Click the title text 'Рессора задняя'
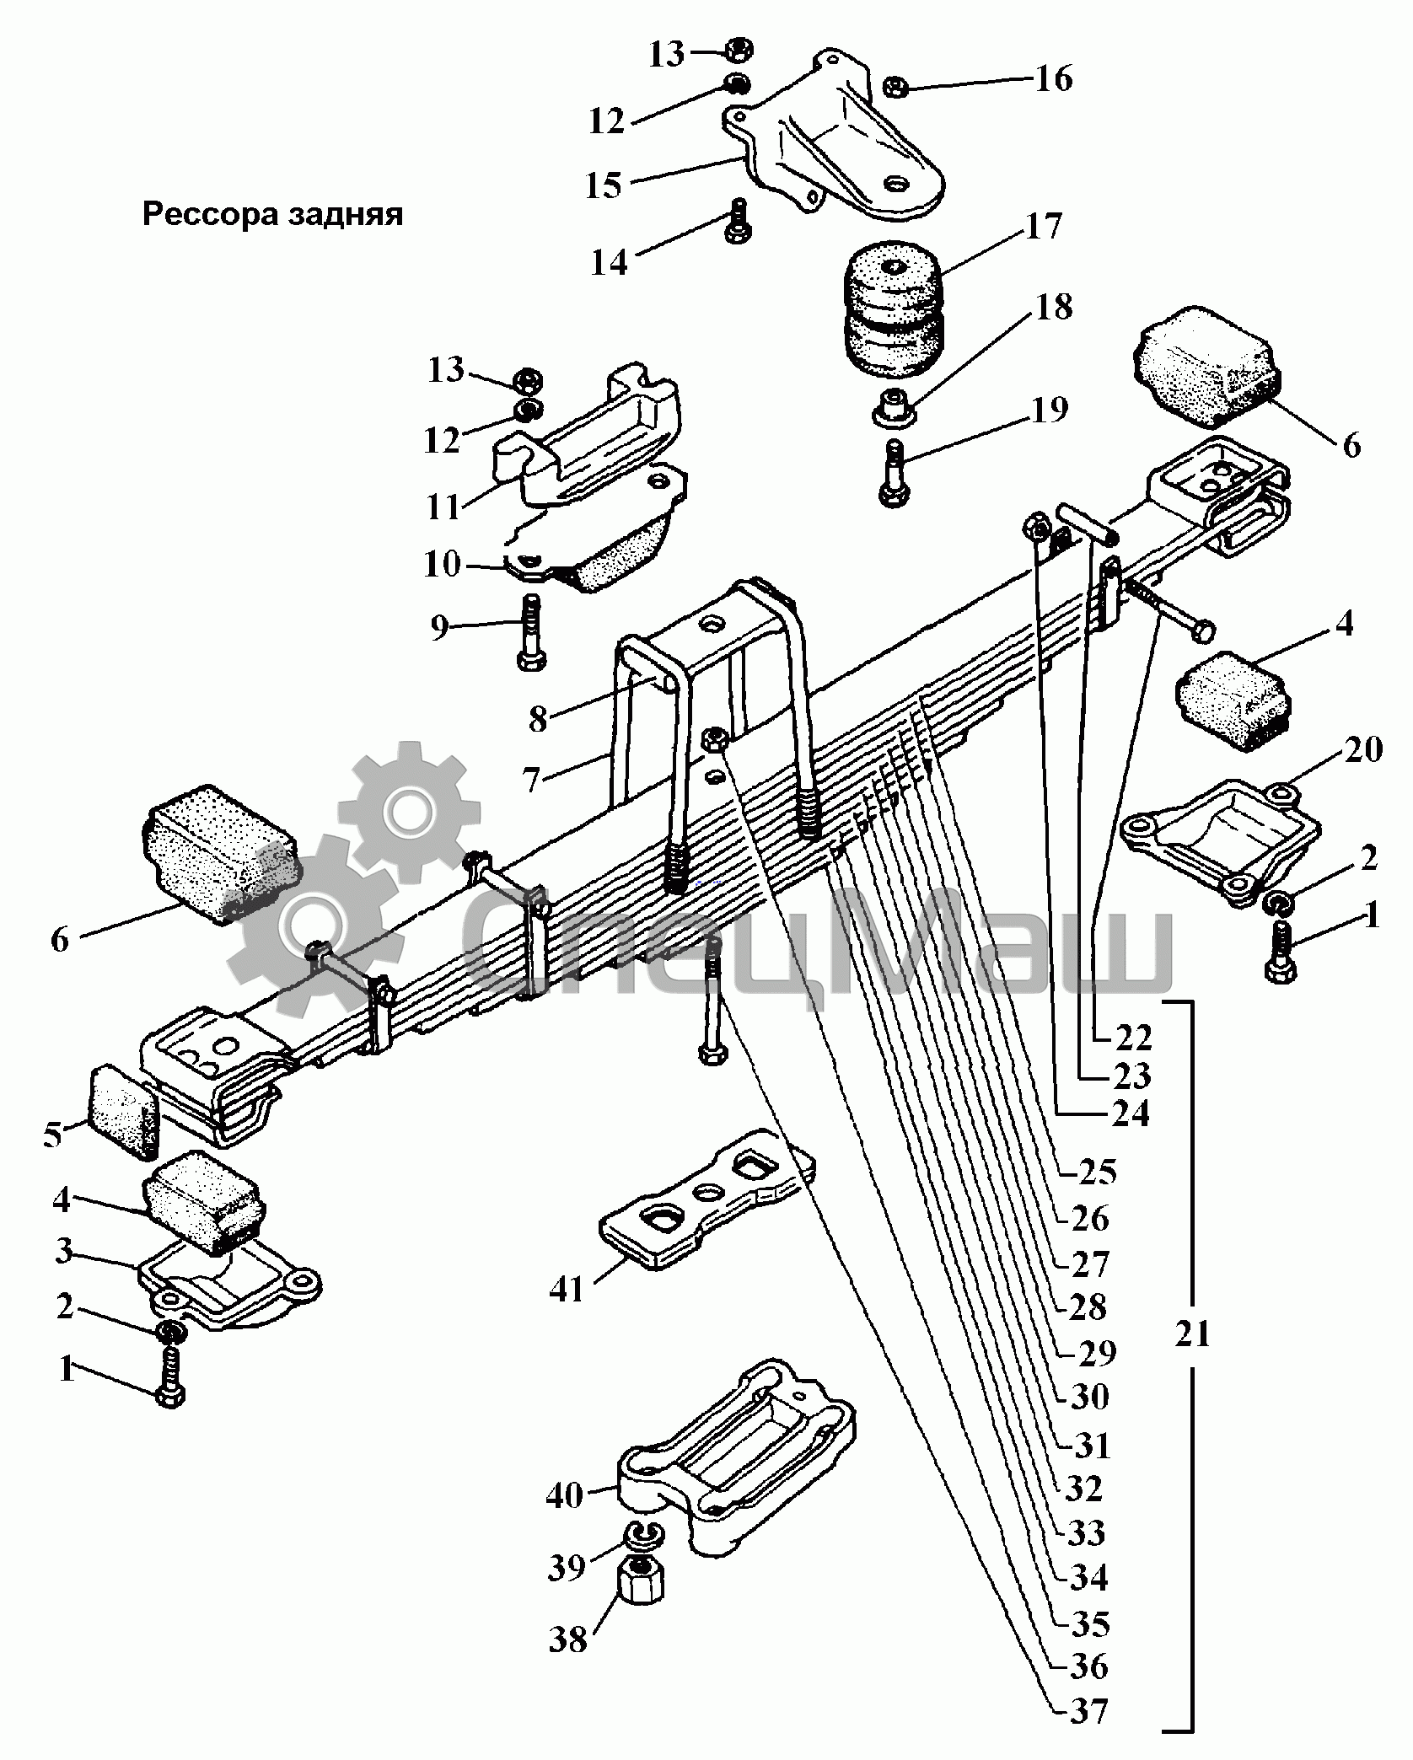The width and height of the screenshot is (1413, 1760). click(x=272, y=214)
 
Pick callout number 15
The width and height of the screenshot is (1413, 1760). click(x=604, y=185)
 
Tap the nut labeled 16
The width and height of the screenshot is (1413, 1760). click(x=895, y=86)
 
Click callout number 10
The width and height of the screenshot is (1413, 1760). click(x=442, y=564)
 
